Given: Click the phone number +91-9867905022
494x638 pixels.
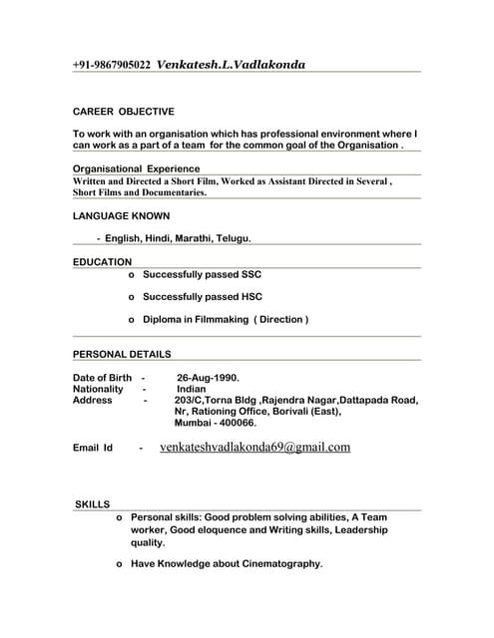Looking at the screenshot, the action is click(x=112, y=65).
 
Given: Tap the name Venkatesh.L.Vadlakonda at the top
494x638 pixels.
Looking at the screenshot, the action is click(x=232, y=65).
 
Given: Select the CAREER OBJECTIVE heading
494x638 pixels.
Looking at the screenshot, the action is click(x=124, y=112).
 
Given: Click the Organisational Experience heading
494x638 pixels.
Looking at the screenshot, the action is click(x=137, y=168).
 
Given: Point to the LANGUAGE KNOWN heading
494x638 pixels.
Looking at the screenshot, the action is click(x=122, y=215).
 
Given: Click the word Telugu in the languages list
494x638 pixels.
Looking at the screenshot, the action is click(x=229, y=239).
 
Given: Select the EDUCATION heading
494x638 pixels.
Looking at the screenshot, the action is click(x=102, y=261).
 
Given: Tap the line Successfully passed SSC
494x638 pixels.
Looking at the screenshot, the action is click(x=202, y=273).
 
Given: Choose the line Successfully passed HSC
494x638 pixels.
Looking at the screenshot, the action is click(x=202, y=296).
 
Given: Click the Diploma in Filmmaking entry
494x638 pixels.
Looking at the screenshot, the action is click(x=225, y=319).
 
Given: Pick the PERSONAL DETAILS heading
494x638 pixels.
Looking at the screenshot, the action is click(x=122, y=354).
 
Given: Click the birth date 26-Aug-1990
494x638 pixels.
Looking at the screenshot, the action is click(x=208, y=378).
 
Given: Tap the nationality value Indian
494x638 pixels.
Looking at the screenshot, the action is click(x=192, y=389).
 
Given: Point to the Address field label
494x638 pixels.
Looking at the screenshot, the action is click(x=93, y=400).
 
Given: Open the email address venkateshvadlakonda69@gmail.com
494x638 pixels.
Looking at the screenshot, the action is click(x=254, y=448).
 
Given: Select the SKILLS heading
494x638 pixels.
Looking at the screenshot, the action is click(x=93, y=504).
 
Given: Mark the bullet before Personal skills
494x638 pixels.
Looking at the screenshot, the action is click(x=120, y=518).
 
